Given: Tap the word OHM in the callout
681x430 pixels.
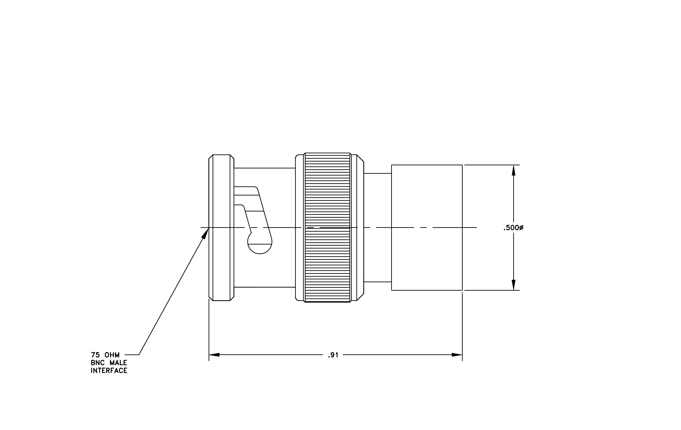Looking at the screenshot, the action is [112, 355].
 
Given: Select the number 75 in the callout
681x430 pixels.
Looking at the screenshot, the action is [95, 355].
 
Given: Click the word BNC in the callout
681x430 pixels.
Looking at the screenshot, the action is [98, 363].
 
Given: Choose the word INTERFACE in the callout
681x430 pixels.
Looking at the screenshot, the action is [109, 371].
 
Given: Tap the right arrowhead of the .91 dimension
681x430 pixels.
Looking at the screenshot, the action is [457, 355].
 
